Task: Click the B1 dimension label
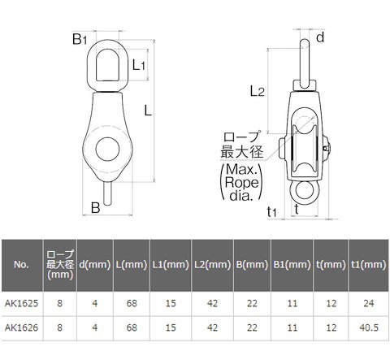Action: [x=80, y=39]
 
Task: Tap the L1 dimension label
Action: [x=139, y=65]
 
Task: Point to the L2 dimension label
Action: [x=257, y=91]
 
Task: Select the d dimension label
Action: [x=320, y=37]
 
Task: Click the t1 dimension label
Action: [x=271, y=211]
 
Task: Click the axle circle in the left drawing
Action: [x=107, y=149]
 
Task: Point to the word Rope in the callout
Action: [x=242, y=182]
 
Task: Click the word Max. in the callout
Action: [x=241, y=169]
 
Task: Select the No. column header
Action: [x=22, y=264]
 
